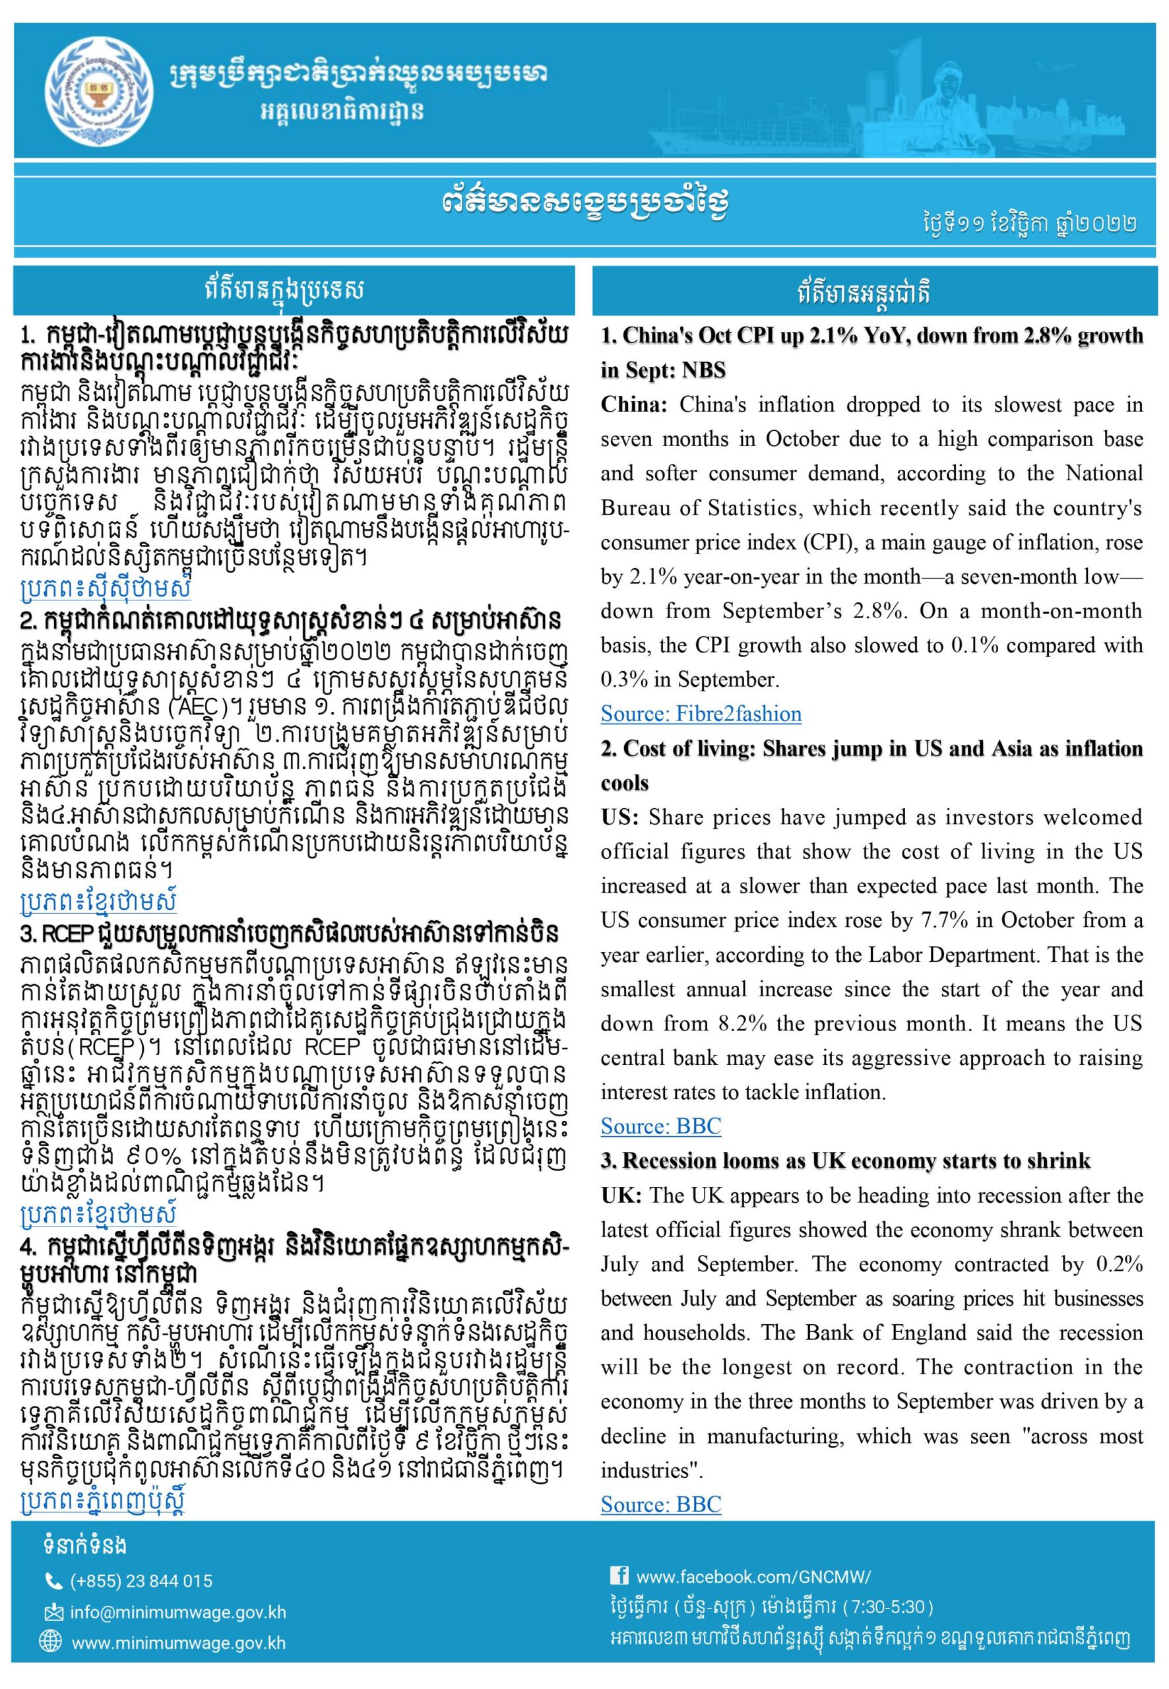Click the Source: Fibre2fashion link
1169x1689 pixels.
[701, 714]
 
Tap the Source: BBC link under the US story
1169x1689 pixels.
[660, 1126]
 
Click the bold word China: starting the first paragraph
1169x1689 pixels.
[633, 405]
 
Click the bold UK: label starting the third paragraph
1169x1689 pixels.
[621, 1195]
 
